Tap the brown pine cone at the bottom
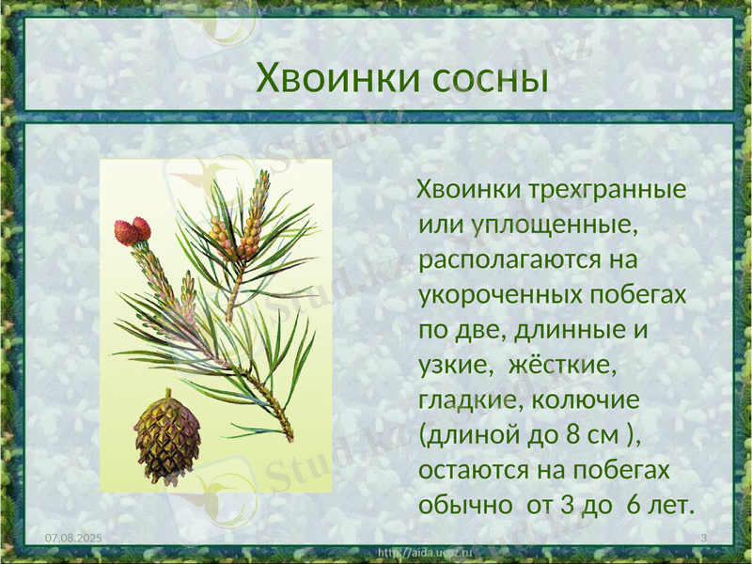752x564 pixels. point(166,438)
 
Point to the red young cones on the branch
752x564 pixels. point(133,231)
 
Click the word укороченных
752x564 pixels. point(498,294)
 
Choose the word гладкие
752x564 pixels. point(470,399)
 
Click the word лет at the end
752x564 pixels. point(672,505)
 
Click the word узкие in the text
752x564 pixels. point(454,365)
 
